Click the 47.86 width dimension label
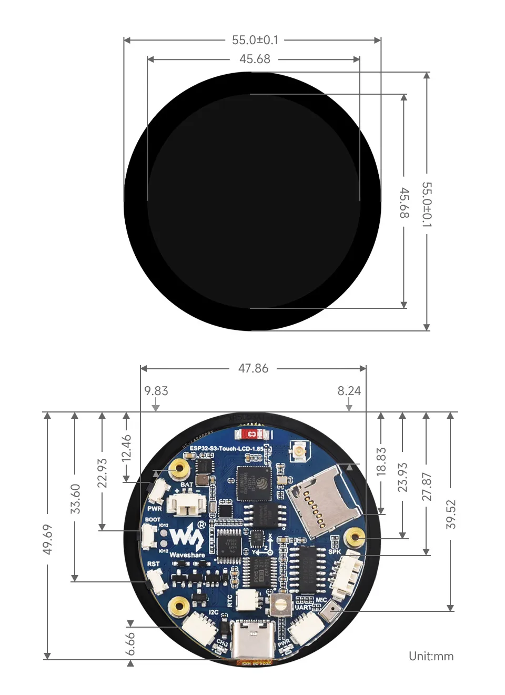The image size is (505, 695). pos(253,368)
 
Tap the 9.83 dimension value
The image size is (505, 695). pos(156,391)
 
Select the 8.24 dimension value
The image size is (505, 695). pos(349,391)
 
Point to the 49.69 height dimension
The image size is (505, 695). pos(47,539)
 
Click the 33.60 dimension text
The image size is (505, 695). pos(75,499)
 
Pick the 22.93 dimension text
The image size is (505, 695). pos(102,473)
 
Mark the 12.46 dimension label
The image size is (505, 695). pos(126,448)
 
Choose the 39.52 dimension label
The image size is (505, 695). pos(451,514)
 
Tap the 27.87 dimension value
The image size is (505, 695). pos(427,487)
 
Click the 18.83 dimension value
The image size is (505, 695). pos(381,461)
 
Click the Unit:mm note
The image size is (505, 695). pos(431,656)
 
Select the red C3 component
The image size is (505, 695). pos(252,434)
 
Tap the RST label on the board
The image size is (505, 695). pos(153,563)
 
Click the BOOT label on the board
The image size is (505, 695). pos(153,519)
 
